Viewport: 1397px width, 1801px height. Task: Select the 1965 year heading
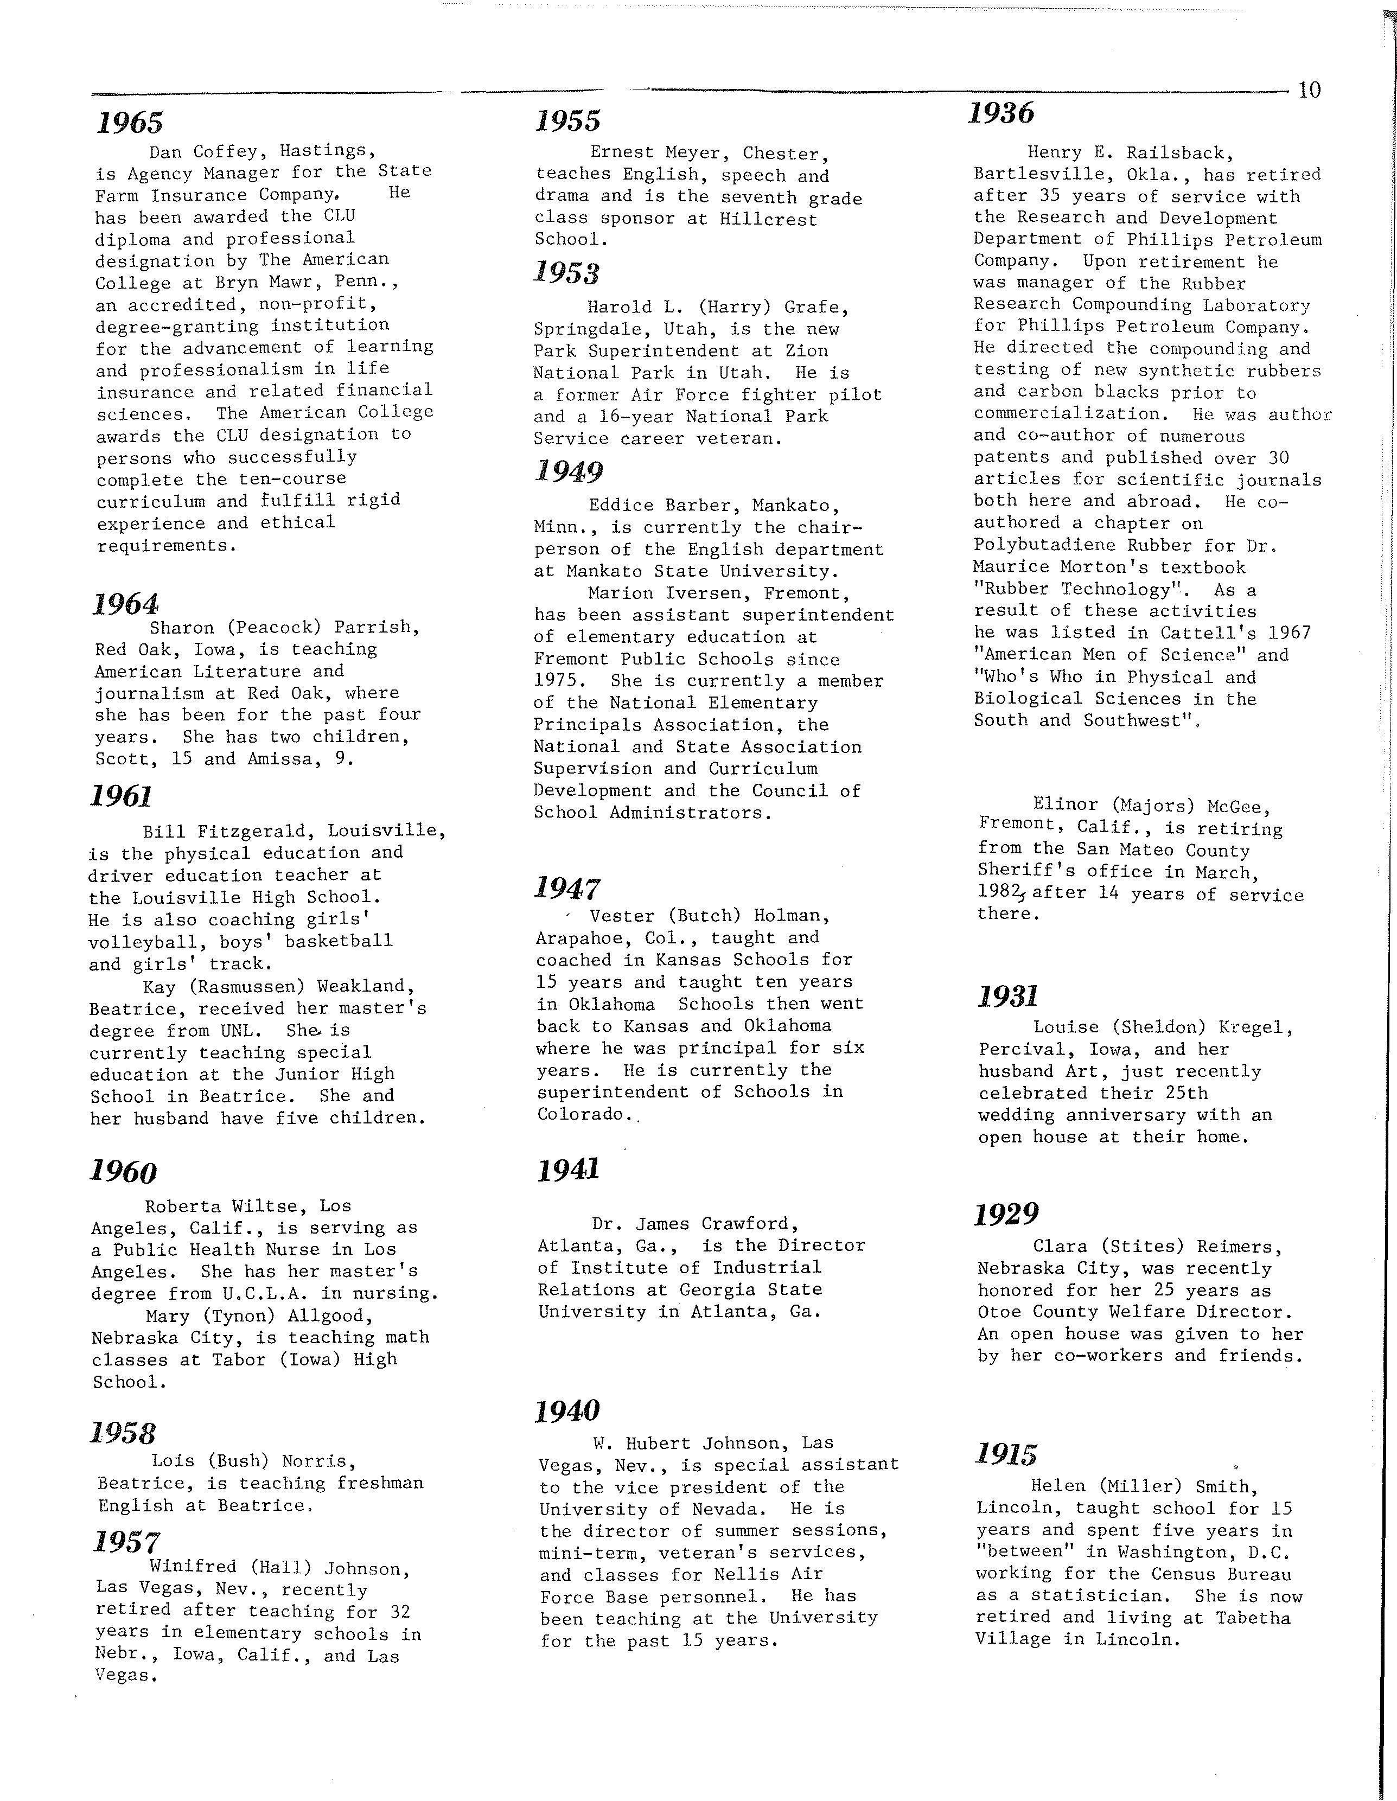(130, 123)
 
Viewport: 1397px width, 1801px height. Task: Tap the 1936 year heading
(1001, 113)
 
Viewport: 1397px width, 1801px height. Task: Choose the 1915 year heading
(1006, 1454)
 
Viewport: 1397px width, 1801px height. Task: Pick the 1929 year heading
(1006, 1215)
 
